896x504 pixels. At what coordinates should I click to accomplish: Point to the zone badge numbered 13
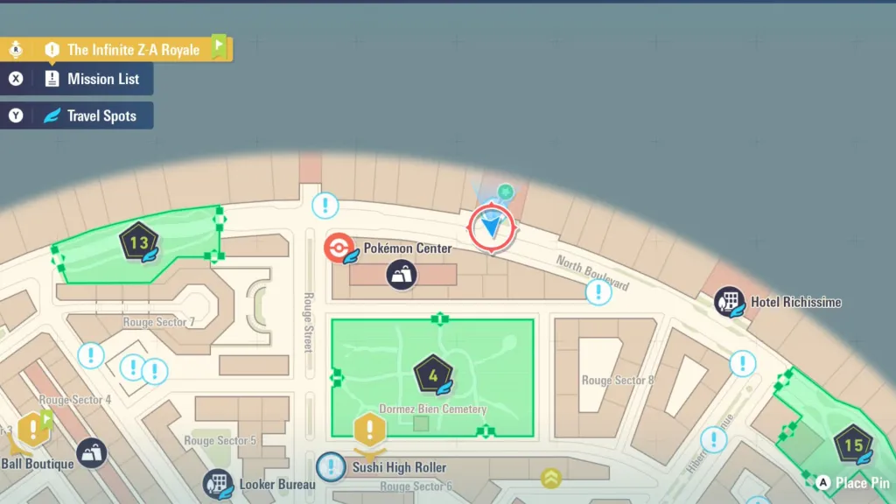(138, 242)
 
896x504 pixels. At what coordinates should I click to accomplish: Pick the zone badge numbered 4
(432, 375)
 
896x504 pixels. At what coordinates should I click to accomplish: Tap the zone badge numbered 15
(852, 444)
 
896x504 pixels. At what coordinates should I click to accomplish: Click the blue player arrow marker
(493, 227)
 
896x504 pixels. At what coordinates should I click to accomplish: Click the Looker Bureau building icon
(217, 484)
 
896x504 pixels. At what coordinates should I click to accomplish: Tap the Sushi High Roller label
(399, 468)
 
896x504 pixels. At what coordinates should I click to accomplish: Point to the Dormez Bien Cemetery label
(433, 409)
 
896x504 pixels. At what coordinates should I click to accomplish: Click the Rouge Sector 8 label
(618, 381)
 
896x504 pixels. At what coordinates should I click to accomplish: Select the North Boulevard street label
(592, 272)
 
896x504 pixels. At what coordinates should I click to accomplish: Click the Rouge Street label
(308, 322)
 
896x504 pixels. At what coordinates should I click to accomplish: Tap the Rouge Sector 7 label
(158, 323)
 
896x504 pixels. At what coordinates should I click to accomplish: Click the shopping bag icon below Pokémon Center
(402, 275)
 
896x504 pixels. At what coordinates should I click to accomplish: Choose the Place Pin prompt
(852, 483)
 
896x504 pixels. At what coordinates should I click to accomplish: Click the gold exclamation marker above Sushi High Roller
(370, 430)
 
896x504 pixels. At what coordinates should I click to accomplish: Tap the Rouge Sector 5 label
(220, 441)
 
